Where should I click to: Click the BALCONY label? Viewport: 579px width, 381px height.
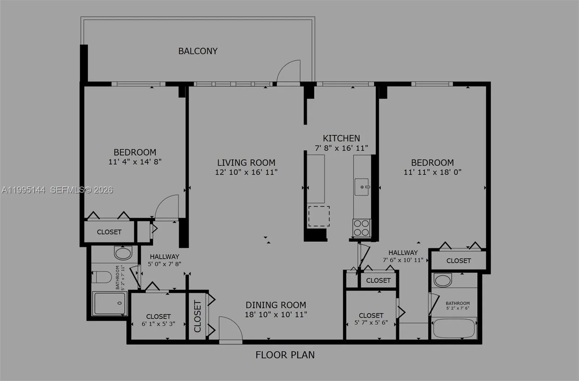coord(198,51)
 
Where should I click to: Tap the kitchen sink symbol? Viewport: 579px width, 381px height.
coord(362,187)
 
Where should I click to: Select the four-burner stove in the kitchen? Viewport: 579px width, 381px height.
coord(361,228)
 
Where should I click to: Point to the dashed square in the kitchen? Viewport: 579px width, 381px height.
coord(319,216)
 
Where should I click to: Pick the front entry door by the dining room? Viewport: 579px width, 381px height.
coord(230,329)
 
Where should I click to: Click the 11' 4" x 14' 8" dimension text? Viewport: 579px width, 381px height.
coord(135,162)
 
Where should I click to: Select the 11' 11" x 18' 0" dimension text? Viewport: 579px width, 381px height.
coord(432,172)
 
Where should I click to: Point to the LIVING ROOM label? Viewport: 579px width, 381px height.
coord(246,163)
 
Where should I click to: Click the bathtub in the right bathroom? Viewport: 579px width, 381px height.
coord(454,328)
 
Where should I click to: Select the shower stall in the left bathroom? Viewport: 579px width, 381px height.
coord(109,303)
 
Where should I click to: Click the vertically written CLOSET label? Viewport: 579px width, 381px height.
coord(198,316)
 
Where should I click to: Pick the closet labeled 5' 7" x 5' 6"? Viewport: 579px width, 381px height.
coord(371,319)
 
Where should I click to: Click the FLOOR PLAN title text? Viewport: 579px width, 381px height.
coord(285,355)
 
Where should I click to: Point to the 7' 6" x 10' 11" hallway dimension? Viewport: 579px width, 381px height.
coord(403,260)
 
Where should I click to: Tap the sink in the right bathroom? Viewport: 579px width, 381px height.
coord(443,280)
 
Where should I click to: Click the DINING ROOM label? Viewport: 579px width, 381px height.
coord(276,305)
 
